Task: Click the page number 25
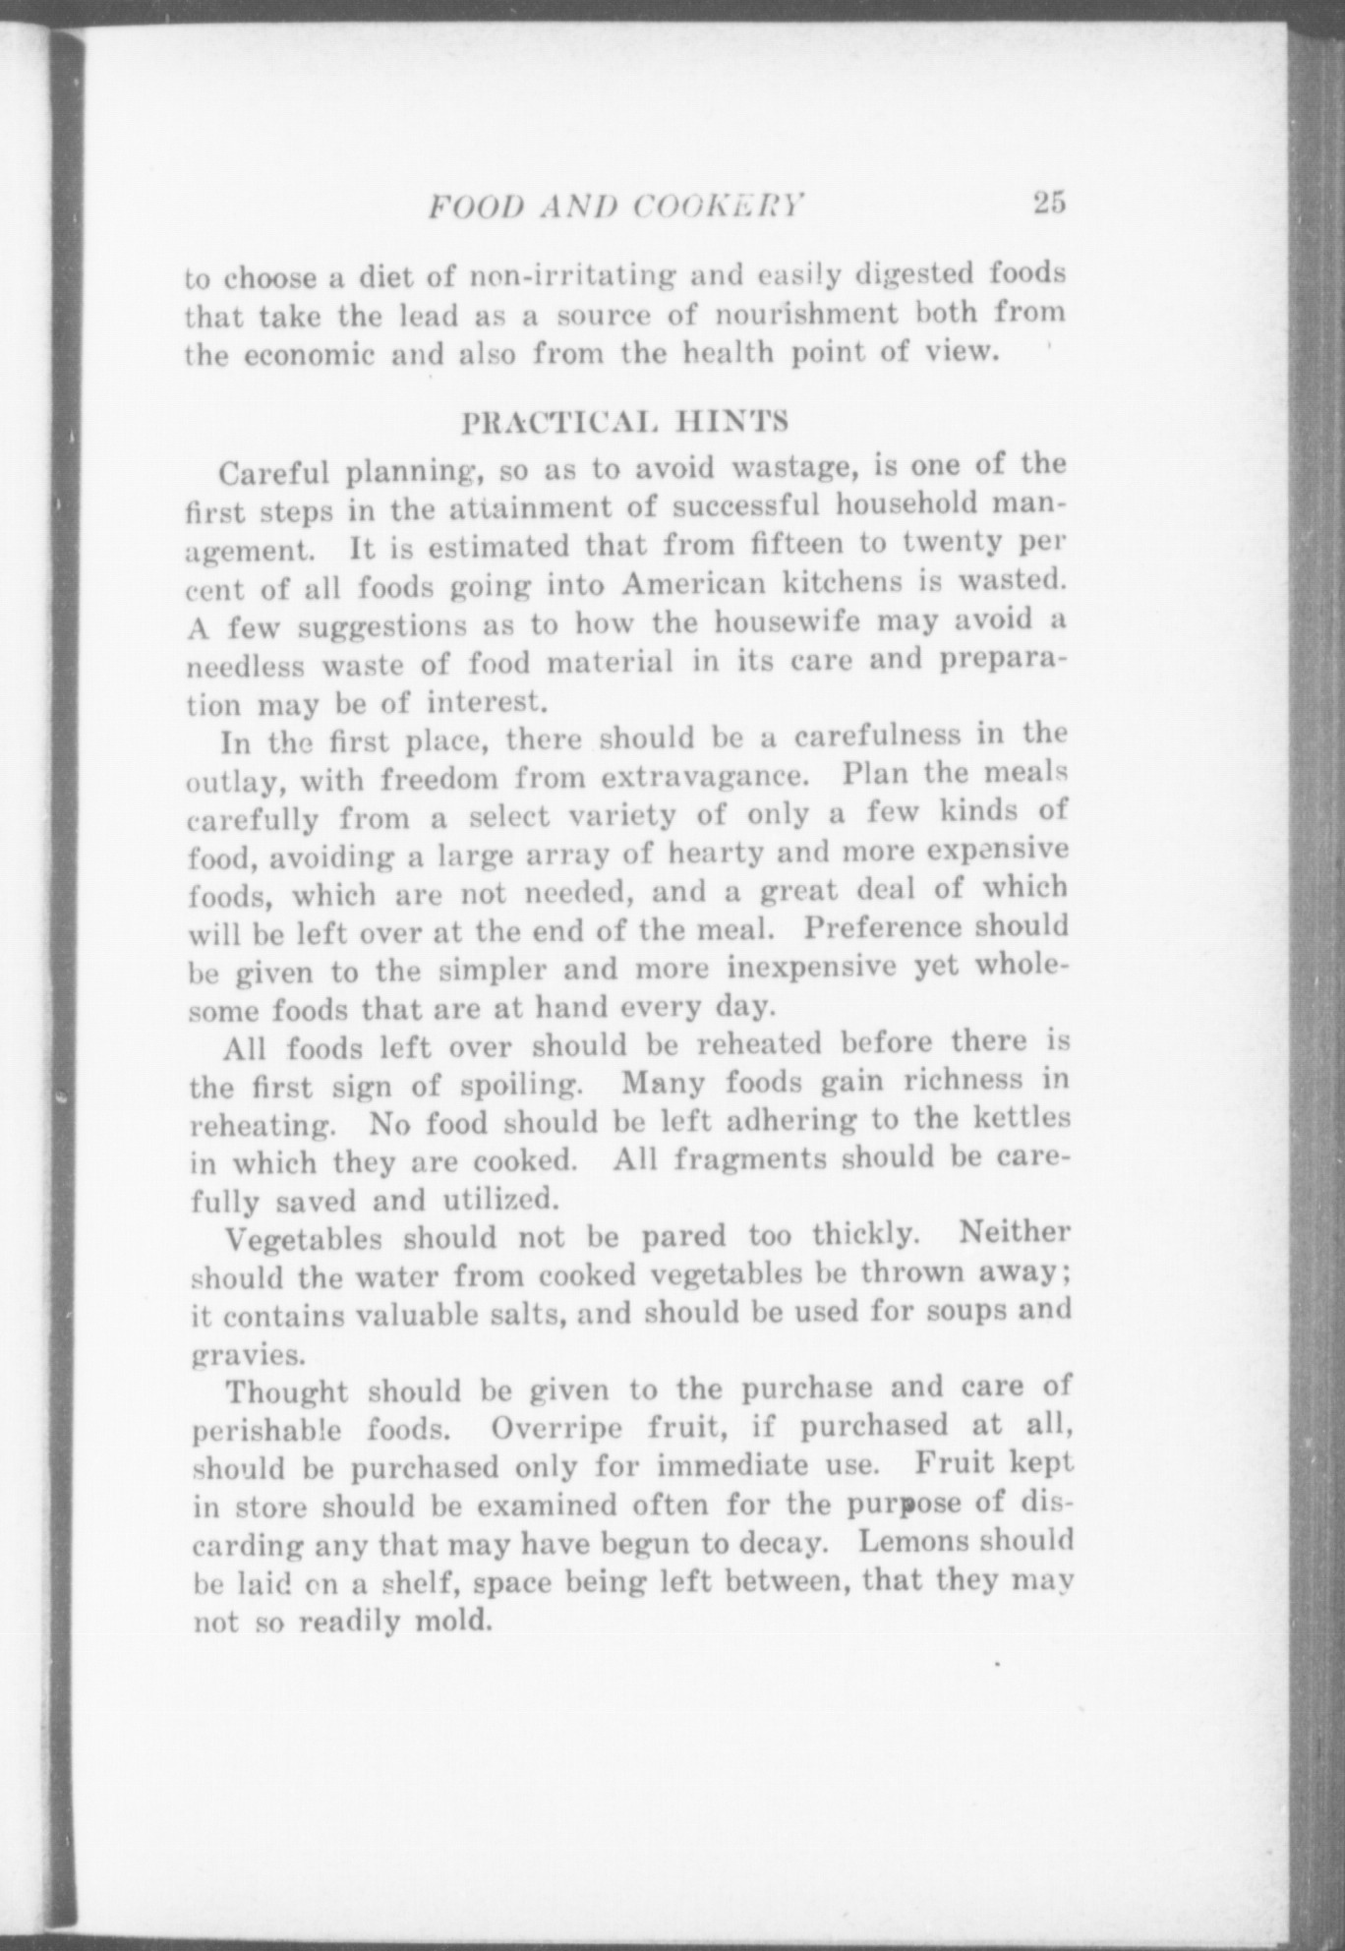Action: [1049, 204]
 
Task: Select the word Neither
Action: [1014, 1231]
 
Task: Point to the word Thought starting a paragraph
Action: [286, 1393]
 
